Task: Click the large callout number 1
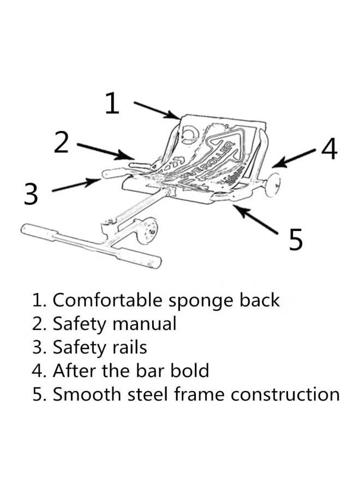tap(112, 103)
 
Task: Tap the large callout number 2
tap(62, 142)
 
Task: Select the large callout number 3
tap(31, 194)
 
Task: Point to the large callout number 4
tap(329, 148)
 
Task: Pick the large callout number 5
tap(295, 239)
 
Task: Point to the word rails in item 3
tap(129, 347)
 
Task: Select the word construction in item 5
tap(285, 394)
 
